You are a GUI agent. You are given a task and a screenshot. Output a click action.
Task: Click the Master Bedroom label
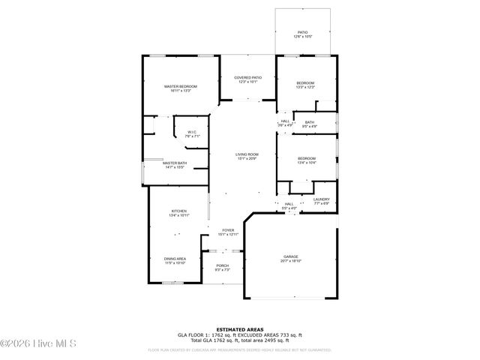pyautogui.click(x=181, y=88)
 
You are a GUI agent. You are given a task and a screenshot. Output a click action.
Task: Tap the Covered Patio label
pyautogui.click(x=247, y=79)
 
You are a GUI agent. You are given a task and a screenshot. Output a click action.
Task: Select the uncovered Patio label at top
pyautogui.click(x=303, y=34)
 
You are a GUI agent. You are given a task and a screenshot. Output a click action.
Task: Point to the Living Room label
pyautogui.click(x=247, y=156)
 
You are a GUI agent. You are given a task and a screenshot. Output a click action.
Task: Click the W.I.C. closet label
pyautogui.click(x=192, y=134)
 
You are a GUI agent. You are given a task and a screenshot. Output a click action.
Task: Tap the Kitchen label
pyautogui.click(x=178, y=213)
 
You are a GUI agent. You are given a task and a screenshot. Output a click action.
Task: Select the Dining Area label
pyautogui.click(x=175, y=260)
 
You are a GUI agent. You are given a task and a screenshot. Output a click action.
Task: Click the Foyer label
pyautogui.click(x=226, y=232)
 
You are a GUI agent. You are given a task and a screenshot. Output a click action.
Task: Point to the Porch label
pyautogui.click(x=223, y=268)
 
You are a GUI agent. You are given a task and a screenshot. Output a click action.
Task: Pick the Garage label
pyautogui.click(x=290, y=258)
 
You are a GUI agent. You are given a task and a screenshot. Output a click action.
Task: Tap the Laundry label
pyautogui.click(x=322, y=201)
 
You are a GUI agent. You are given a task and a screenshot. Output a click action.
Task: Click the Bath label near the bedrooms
pyautogui.click(x=309, y=124)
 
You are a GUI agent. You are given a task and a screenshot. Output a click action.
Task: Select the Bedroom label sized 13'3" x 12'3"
pyautogui.click(x=304, y=84)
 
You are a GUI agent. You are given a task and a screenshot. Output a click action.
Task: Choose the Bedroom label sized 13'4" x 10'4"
pyautogui.click(x=306, y=160)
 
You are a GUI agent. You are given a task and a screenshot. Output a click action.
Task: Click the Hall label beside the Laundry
pyautogui.click(x=289, y=205)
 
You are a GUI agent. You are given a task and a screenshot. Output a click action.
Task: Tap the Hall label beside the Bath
pyautogui.click(x=285, y=123)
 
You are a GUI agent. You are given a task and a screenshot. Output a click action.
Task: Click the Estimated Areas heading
pyautogui.click(x=239, y=329)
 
